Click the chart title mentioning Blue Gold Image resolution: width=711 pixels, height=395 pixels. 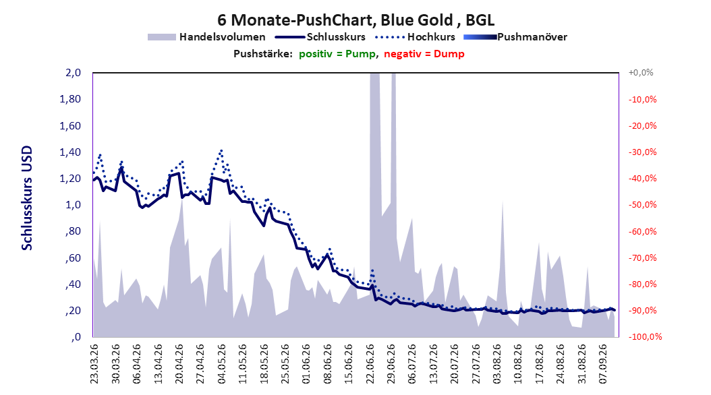click(x=355, y=20)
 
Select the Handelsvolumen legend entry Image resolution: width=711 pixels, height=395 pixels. click(x=206, y=37)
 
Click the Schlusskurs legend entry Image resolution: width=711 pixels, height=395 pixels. click(x=320, y=37)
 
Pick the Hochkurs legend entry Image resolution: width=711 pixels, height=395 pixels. click(x=415, y=37)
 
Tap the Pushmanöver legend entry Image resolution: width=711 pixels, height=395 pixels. click(x=515, y=37)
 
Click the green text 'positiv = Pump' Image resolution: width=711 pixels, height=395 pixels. click(x=337, y=54)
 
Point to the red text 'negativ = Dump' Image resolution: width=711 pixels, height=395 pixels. click(x=424, y=54)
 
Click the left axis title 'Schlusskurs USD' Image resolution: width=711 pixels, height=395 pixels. click(x=27, y=198)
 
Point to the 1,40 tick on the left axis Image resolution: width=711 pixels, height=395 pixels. click(x=70, y=152)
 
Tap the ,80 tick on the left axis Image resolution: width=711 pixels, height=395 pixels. click(x=73, y=231)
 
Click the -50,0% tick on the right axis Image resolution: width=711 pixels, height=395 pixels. click(x=642, y=205)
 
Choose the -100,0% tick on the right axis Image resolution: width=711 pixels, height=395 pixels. click(x=645, y=337)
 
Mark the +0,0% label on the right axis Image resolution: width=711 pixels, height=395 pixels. click(x=641, y=73)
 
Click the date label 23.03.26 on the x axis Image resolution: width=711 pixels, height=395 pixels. click(x=94, y=364)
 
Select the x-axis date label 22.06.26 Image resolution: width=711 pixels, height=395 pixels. click(x=370, y=364)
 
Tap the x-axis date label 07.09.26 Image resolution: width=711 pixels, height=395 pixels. click(x=603, y=364)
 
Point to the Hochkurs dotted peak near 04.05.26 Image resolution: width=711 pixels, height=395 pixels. click(x=221, y=150)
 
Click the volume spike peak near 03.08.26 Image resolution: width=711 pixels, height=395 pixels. click(x=503, y=201)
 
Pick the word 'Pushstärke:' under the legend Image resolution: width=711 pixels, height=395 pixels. click(x=263, y=54)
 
